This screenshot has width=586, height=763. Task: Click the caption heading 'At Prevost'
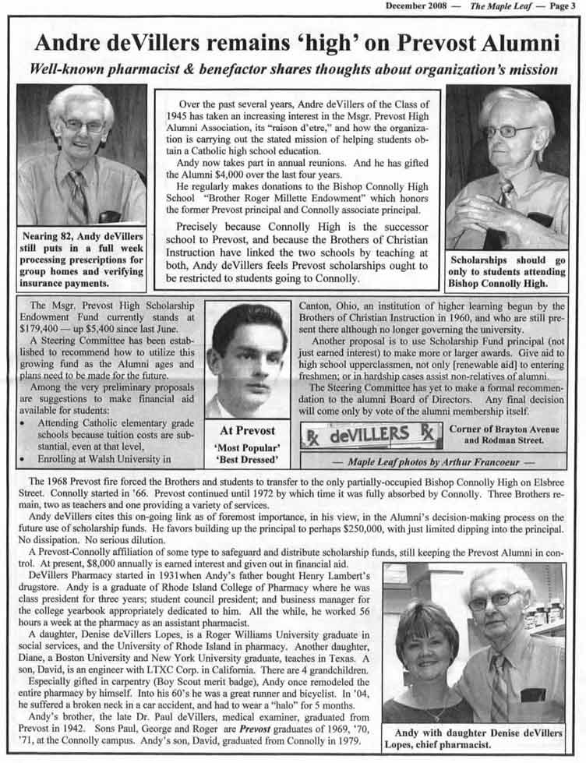tap(247, 429)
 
